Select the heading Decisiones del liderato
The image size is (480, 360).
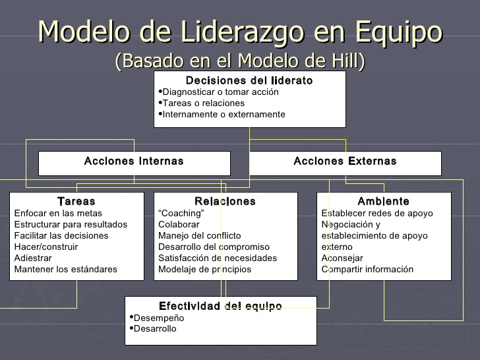(x=249, y=80)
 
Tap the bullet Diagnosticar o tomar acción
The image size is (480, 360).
(x=220, y=92)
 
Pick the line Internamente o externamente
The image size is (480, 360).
(x=224, y=115)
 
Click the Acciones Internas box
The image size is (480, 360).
(x=134, y=162)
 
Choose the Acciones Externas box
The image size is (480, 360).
(x=345, y=162)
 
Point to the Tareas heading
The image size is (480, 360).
(x=76, y=201)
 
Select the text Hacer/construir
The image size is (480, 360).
(x=46, y=247)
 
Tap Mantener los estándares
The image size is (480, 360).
(x=65, y=269)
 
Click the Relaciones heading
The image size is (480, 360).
(x=225, y=201)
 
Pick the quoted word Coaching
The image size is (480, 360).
(x=181, y=213)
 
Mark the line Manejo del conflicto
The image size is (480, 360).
(x=200, y=235)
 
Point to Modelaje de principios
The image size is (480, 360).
(x=204, y=269)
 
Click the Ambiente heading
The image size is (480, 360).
(x=383, y=201)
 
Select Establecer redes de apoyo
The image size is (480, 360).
(x=377, y=213)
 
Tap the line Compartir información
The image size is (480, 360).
(x=367, y=269)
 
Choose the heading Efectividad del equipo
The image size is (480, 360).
(x=220, y=306)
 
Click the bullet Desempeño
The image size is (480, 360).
(x=159, y=318)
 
